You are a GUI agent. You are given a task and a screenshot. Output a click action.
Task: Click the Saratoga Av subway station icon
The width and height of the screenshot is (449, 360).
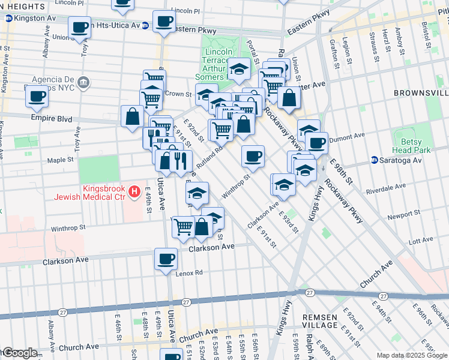tap(375, 160)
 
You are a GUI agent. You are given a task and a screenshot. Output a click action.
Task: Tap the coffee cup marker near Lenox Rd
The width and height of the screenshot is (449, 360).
tap(166, 259)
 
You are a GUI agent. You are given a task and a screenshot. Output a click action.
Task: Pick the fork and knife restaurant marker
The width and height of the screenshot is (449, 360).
tap(181, 160)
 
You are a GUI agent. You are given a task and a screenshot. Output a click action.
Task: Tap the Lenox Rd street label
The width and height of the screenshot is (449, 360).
tap(190, 272)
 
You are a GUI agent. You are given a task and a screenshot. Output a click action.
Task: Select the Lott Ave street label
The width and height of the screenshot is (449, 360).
tap(420, 241)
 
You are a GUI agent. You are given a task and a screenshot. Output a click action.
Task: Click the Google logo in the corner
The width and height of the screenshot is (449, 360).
tap(19, 353)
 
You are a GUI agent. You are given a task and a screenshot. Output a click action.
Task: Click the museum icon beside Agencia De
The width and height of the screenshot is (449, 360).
tap(83, 82)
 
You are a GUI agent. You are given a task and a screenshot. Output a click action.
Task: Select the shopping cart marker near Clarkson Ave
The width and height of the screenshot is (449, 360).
tap(183, 227)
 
